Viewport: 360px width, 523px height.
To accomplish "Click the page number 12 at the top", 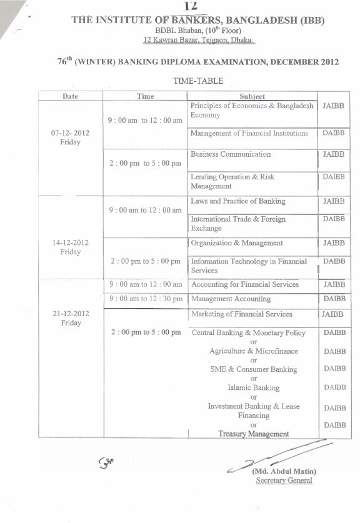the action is click(x=191, y=6).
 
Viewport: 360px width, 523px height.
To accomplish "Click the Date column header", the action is click(x=71, y=96).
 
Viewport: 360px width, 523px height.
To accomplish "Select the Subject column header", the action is click(x=252, y=96).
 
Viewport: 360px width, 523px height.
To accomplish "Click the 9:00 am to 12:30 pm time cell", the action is click(x=146, y=299).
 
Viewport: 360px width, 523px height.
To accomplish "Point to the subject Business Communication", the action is click(x=231, y=154).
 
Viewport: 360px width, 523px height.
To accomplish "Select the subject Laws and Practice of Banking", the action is click(x=237, y=201).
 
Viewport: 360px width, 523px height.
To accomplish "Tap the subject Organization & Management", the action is click(x=237, y=243).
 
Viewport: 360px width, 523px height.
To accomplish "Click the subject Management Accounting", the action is click(x=231, y=299).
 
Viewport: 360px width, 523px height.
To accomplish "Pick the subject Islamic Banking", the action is click(x=253, y=387).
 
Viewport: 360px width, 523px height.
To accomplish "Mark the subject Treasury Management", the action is click(x=253, y=434).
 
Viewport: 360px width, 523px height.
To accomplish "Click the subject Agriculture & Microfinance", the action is click(x=253, y=351).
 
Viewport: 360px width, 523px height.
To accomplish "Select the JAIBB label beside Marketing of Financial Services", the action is click(x=332, y=314).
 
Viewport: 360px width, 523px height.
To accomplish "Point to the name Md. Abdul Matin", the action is click(x=284, y=471).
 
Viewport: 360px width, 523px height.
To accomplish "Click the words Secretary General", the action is click(x=284, y=481).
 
